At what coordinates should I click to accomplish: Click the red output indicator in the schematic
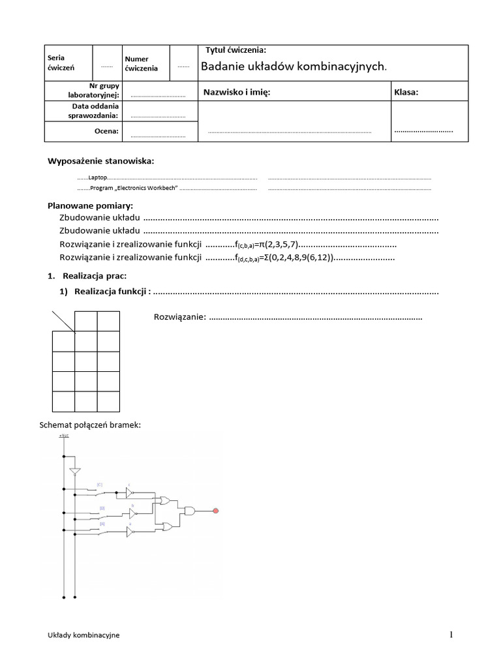[x=216, y=510]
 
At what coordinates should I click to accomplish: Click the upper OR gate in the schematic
[x=165, y=500]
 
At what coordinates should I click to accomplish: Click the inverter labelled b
[x=132, y=513]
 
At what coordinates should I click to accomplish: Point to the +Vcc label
[x=63, y=435]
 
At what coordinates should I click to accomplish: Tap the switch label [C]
[x=99, y=484]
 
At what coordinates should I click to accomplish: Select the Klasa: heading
[x=406, y=92]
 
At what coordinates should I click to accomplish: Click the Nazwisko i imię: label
[x=237, y=92]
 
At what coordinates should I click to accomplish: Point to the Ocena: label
[x=107, y=131]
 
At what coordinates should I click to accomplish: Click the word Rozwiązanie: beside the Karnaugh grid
[x=180, y=317]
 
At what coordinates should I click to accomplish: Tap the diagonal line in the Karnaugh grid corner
[x=64, y=322]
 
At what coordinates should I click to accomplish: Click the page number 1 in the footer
[x=450, y=634]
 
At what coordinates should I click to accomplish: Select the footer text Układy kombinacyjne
[x=83, y=635]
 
